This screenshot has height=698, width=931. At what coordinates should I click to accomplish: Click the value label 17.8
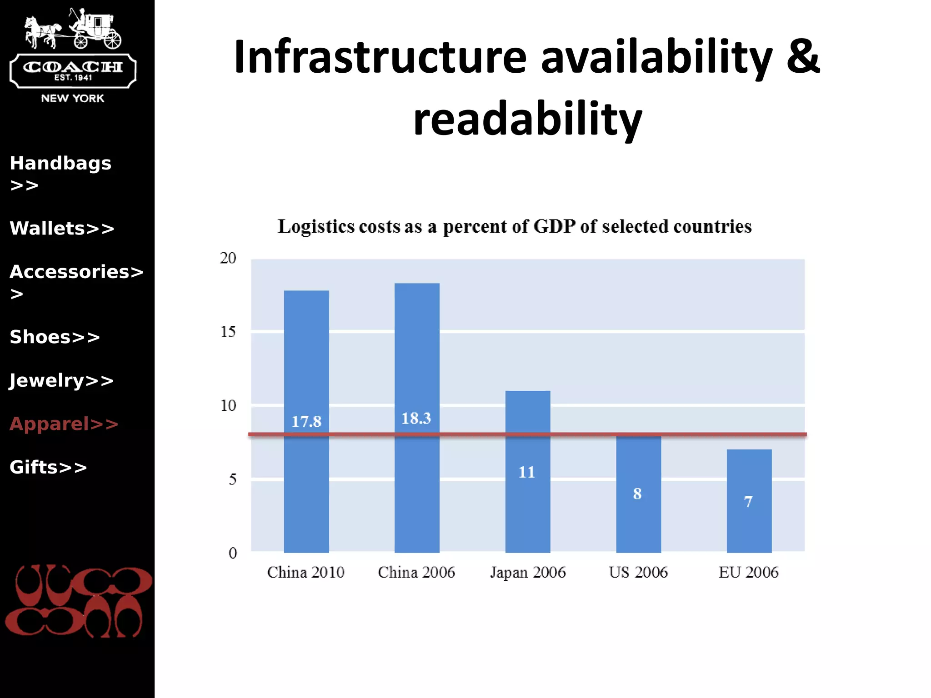(x=306, y=422)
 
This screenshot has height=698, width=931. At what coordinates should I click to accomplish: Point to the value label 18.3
(x=416, y=418)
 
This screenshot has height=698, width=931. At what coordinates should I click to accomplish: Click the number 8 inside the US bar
(x=637, y=494)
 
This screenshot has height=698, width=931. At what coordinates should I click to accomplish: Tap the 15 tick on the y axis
(x=228, y=332)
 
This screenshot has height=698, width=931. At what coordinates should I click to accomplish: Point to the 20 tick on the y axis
(x=228, y=258)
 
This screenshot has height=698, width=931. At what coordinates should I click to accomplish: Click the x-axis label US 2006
(x=638, y=572)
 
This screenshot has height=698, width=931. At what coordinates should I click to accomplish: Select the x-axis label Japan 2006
(x=528, y=572)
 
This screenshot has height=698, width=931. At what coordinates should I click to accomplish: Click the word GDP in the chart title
(x=554, y=226)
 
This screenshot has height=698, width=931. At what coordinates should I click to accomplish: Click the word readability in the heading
(x=527, y=119)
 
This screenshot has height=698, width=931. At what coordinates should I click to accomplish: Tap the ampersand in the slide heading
(x=803, y=56)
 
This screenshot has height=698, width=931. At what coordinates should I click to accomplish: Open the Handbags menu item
(x=60, y=164)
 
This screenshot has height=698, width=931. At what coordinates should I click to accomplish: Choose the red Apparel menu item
(x=64, y=424)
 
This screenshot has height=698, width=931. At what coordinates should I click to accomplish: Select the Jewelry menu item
(x=61, y=380)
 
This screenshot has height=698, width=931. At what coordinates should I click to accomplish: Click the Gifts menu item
(x=48, y=467)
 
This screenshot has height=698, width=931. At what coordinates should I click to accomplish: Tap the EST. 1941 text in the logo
(x=73, y=78)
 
